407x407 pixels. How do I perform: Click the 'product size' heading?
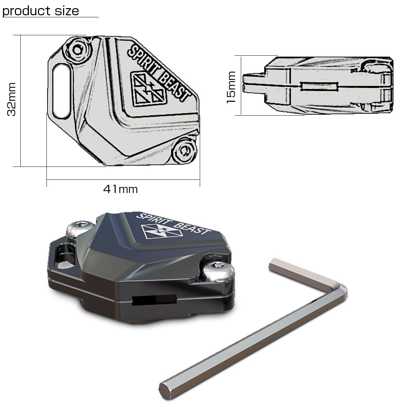pyautogui.click(x=41, y=11)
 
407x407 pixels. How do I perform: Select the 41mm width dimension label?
pyautogui.click(x=120, y=189)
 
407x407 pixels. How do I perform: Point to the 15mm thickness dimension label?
pyautogui.click(x=231, y=87)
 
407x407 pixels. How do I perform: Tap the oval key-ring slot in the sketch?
pyautogui.click(x=61, y=91)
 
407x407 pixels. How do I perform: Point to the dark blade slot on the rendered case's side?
pyautogui.click(x=154, y=300)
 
